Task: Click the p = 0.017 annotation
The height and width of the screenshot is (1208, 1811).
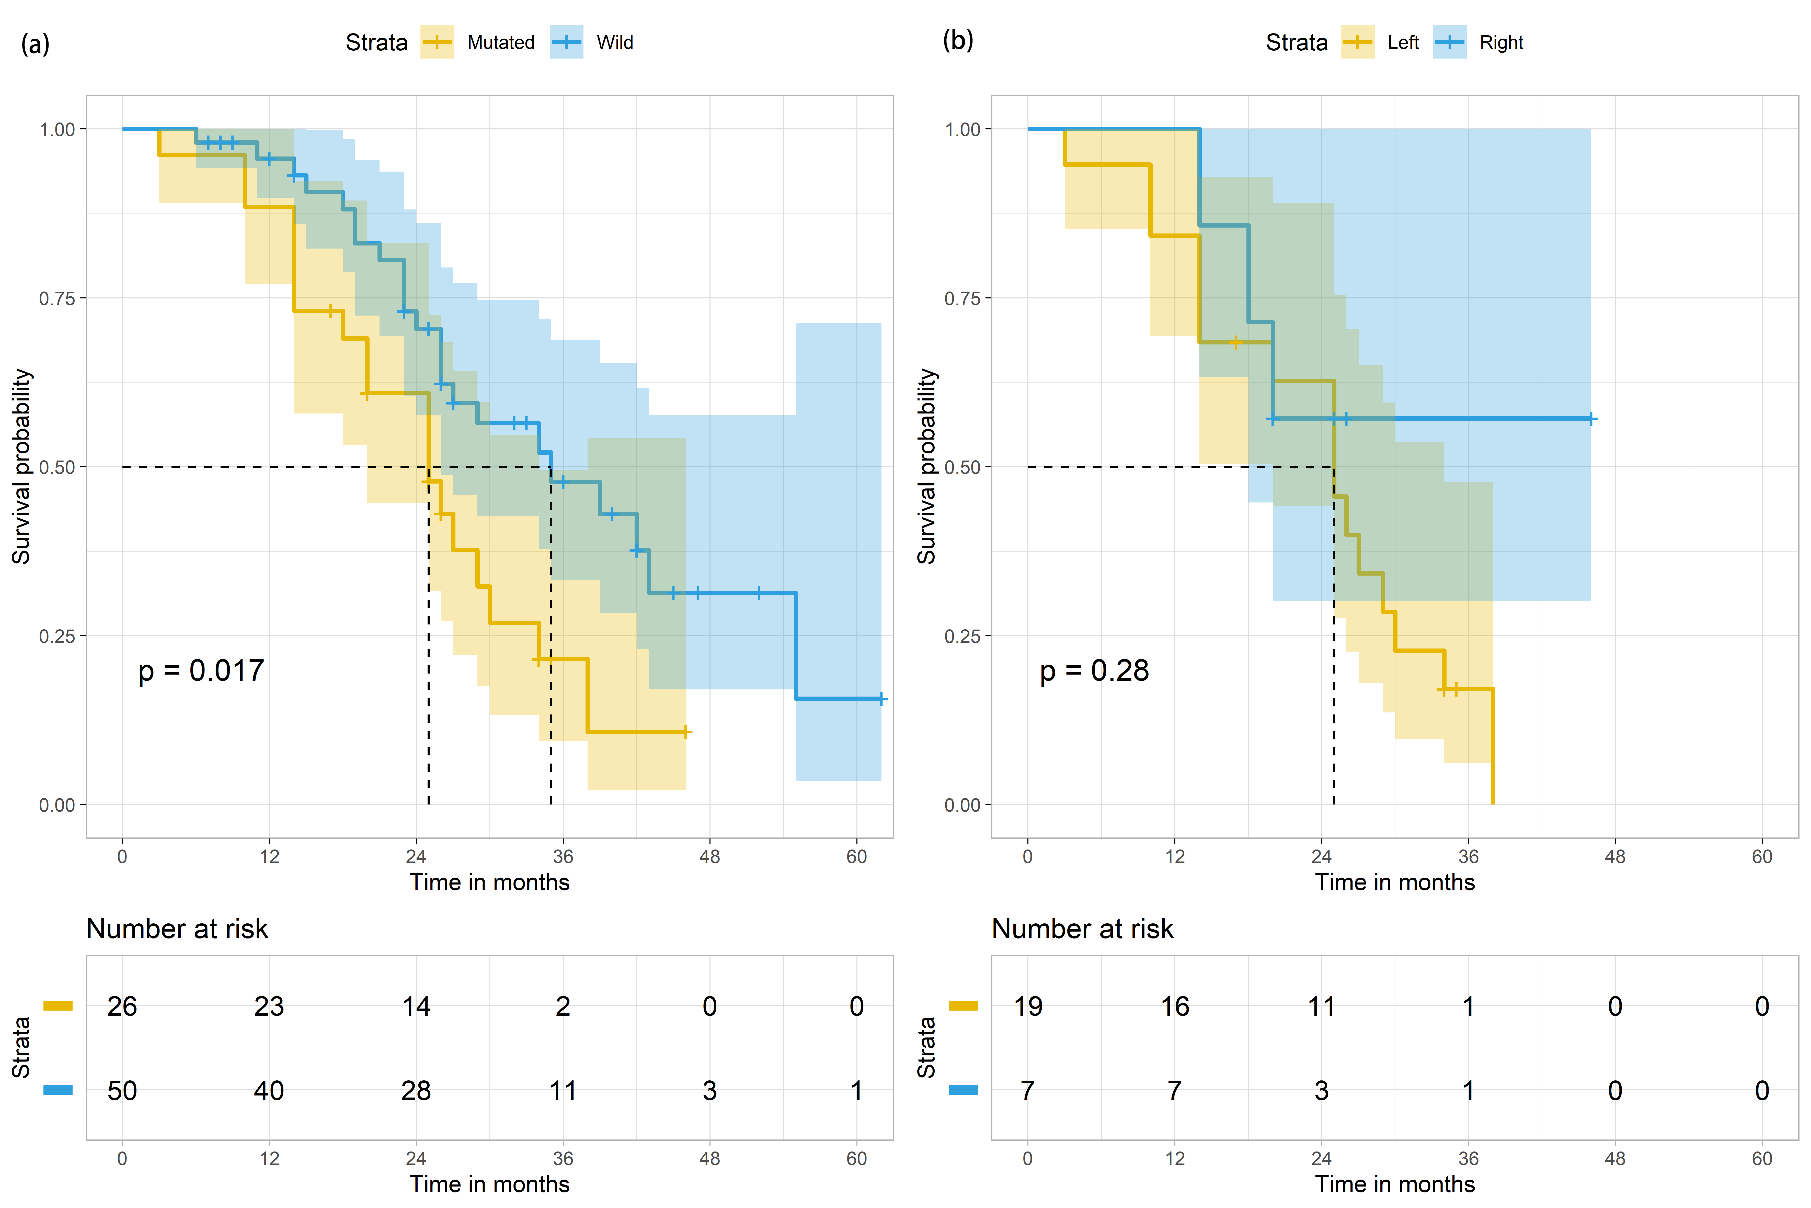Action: (x=201, y=671)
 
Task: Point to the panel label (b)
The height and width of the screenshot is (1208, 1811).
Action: (x=958, y=40)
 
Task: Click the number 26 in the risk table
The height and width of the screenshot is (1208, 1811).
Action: (x=122, y=1006)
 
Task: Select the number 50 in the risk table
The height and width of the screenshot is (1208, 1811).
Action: (x=122, y=1091)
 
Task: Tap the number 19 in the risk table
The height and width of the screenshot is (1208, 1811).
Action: (x=1028, y=1006)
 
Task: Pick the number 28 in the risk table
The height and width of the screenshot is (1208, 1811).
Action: (x=416, y=1091)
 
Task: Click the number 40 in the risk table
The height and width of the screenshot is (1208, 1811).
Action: (x=269, y=1091)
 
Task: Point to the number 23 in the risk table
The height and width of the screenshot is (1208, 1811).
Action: (x=269, y=1006)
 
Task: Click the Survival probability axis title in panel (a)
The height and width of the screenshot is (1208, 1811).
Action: (x=21, y=466)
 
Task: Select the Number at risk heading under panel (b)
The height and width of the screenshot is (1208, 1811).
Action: (x=1082, y=929)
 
